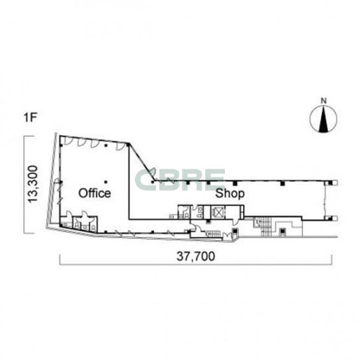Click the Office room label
(x=95, y=193)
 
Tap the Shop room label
(x=230, y=193)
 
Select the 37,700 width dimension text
(x=196, y=256)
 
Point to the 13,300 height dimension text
(x=32, y=184)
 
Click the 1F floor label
(x=30, y=118)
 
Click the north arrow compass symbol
(x=324, y=119)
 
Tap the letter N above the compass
(x=324, y=101)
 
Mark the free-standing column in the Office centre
(x=106, y=182)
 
